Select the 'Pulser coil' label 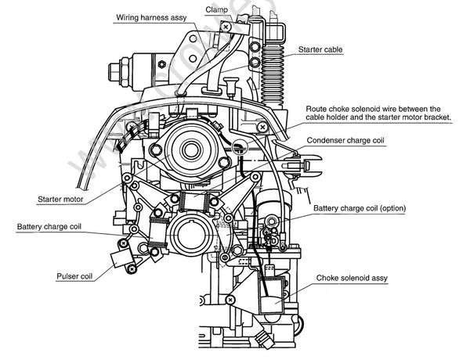(77, 276)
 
